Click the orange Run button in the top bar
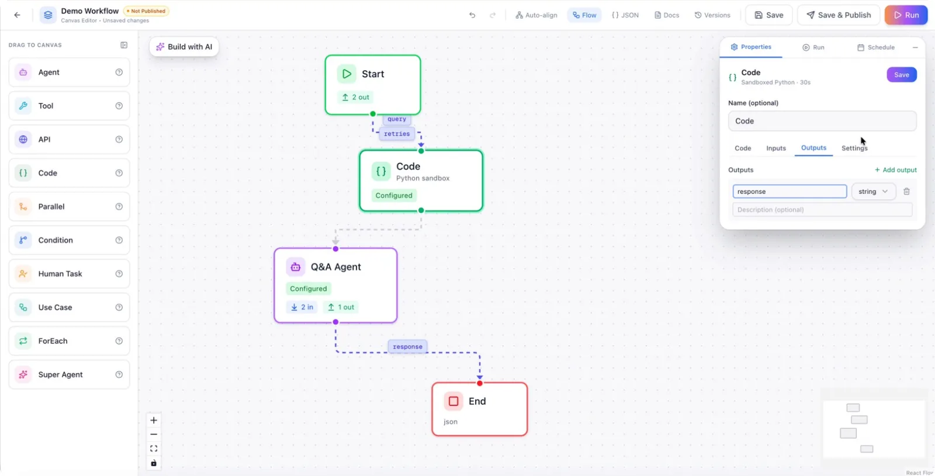pyautogui.click(x=906, y=15)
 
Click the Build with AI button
pyautogui.click(x=184, y=47)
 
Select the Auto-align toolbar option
pyautogui.click(x=536, y=15)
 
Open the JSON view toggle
pyautogui.click(x=625, y=15)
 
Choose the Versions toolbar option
pyautogui.click(x=712, y=15)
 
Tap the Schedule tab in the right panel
pyautogui.click(x=875, y=47)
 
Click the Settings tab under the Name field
pyautogui.click(x=854, y=148)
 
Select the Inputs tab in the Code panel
pyautogui.click(x=775, y=148)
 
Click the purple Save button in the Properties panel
pyautogui.click(x=902, y=75)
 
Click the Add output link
pyautogui.click(x=895, y=170)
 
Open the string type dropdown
pyautogui.click(x=873, y=192)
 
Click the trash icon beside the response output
pyautogui.click(x=906, y=192)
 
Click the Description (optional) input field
pyautogui.click(x=822, y=210)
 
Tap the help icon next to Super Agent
pyautogui.click(x=119, y=374)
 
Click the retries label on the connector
pyautogui.click(x=397, y=134)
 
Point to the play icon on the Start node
pyautogui.click(x=347, y=74)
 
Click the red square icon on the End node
pyautogui.click(x=453, y=401)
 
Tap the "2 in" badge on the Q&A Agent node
pyautogui.click(x=302, y=307)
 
